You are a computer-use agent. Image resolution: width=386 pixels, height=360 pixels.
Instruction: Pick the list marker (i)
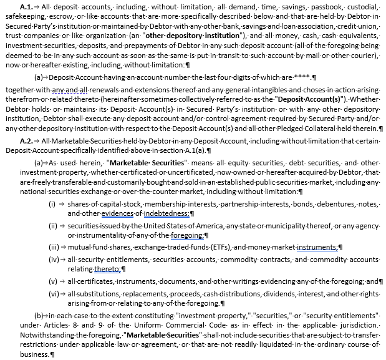pyautogui.click(x=52, y=203)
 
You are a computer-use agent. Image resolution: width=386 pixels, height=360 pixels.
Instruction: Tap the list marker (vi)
pyautogui.click(x=54, y=293)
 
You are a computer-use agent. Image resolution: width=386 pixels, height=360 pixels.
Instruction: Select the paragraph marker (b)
pyautogui.click(x=39, y=316)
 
